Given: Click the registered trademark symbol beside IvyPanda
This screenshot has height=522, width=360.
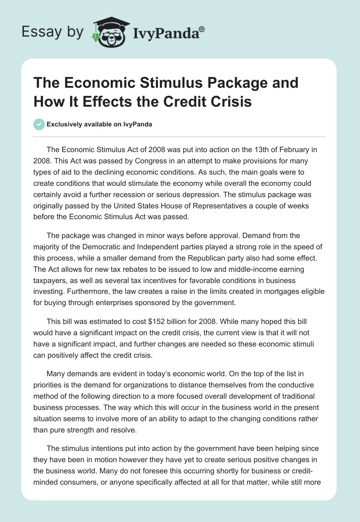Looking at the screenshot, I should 202,30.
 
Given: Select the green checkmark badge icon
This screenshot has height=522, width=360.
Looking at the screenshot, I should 39,125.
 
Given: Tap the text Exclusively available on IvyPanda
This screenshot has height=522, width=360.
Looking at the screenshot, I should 99,125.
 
